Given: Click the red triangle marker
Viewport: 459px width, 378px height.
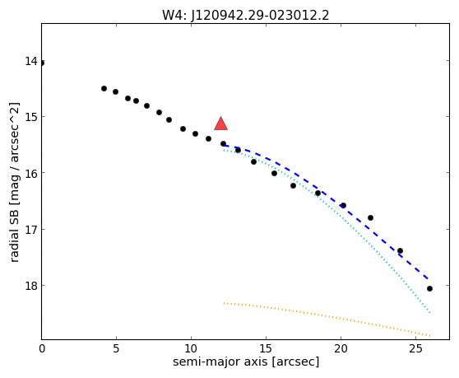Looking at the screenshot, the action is click(221, 124).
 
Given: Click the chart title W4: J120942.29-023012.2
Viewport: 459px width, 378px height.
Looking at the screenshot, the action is click(246, 16).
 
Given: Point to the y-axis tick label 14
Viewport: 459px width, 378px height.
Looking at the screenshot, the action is click(30, 61).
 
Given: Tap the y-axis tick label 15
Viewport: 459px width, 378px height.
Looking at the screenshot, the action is click(30, 117).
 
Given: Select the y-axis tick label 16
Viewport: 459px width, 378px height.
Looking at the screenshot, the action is click(30, 174).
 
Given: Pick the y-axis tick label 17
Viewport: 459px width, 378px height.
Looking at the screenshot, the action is click(30, 230).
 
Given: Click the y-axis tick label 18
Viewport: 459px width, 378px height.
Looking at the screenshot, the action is click(30, 286).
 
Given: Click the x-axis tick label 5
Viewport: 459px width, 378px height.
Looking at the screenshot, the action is click(116, 348).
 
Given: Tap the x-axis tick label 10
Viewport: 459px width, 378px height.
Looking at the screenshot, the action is click(191, 348).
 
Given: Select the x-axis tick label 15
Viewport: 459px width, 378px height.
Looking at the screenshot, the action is click(266, 348).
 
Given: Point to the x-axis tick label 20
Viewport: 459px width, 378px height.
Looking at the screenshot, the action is click(341, 348).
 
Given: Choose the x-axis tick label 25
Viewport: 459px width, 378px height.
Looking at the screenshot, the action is click(415, 348).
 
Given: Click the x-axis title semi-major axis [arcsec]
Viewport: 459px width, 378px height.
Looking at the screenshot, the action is click(246, 362).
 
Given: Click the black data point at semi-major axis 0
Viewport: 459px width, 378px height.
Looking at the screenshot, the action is click(42, 63).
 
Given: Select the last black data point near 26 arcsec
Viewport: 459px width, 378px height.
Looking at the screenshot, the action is click(429, 288).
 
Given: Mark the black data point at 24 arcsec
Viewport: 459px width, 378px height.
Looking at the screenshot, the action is click(400, 251).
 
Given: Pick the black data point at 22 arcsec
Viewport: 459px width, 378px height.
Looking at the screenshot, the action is click(371, 217).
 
